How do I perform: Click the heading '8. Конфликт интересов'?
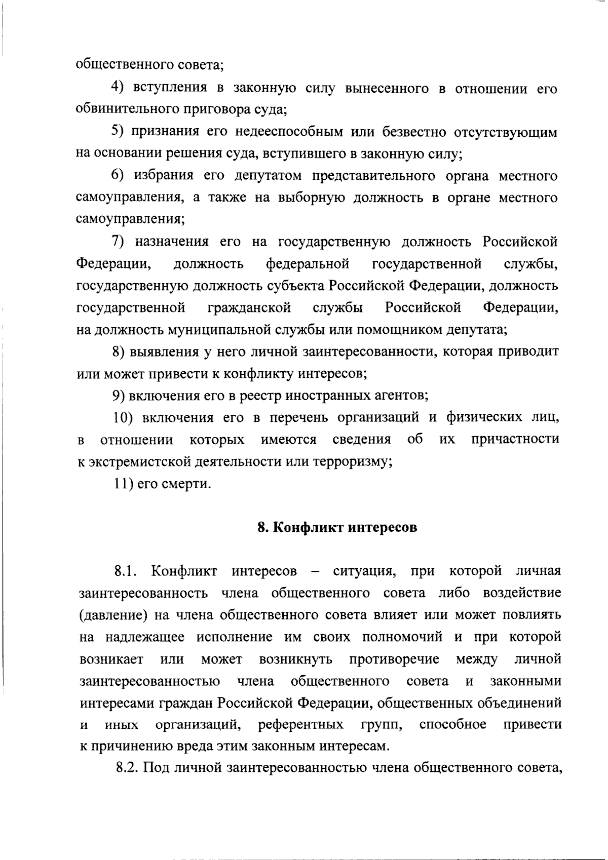[337, 527]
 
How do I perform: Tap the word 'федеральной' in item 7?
[308, 264]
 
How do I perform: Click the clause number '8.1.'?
[126, 571]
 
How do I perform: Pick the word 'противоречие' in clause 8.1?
[394, 659]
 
